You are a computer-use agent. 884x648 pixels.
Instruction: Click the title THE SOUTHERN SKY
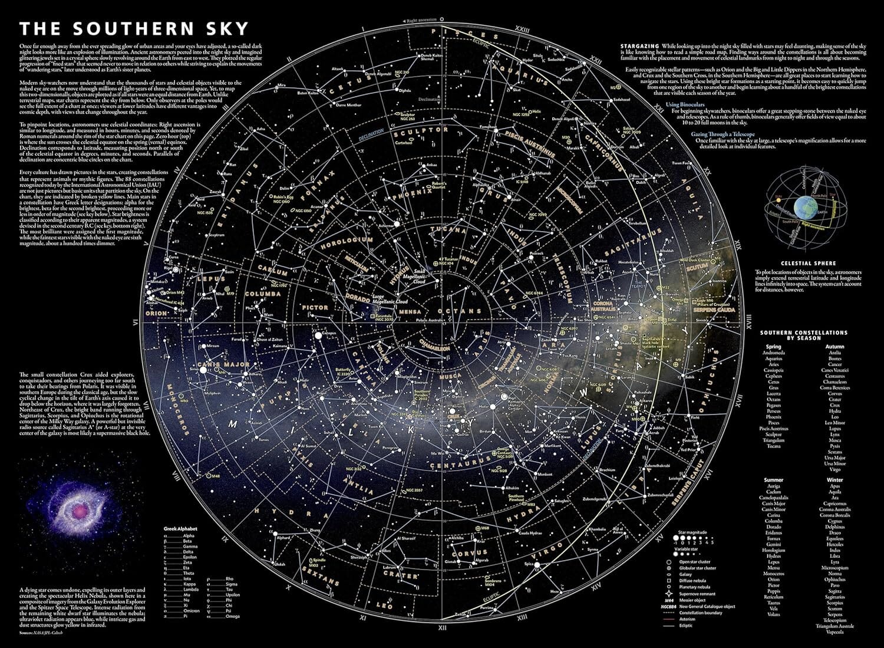point(134,29)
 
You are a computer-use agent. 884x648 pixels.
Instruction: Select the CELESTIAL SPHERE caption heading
point(808,264)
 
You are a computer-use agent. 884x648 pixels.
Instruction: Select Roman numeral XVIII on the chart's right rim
point(748,324)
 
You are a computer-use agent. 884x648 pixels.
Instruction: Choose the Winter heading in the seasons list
point(834,480)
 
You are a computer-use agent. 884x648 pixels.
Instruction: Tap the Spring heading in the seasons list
point(773,347)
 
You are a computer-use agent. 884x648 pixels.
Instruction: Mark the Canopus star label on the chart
point(329,332)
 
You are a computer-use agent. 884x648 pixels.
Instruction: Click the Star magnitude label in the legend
point(692,532)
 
